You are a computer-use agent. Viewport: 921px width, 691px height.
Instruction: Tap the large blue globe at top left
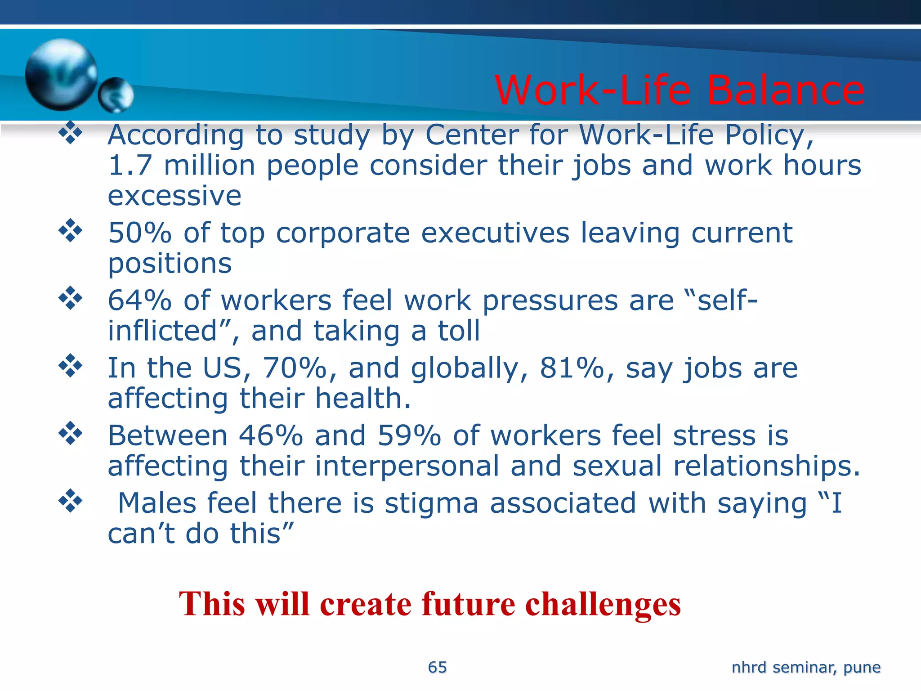[x=61, y=74]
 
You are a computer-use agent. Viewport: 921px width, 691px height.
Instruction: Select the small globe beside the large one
[x=116, y=94]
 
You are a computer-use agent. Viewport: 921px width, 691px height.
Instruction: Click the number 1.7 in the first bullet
[x=130, y=165]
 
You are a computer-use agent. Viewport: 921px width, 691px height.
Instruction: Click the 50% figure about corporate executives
[x=140, y=233]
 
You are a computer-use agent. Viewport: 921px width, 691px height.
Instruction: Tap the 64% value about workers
[x=140, y=301]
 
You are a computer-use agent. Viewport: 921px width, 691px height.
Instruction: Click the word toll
[x=459, y=331]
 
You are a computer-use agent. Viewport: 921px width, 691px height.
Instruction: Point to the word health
[x=362, y=399]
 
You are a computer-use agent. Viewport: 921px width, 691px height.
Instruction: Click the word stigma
[x=431, y=504]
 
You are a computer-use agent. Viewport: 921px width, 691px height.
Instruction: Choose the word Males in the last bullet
[x=157, y=503]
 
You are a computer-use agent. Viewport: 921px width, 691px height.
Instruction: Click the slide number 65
[x=437, y=667]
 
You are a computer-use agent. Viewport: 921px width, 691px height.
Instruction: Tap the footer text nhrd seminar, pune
[x=806, y=667]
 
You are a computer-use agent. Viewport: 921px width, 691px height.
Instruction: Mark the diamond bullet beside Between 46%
[x=71, y=433]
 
